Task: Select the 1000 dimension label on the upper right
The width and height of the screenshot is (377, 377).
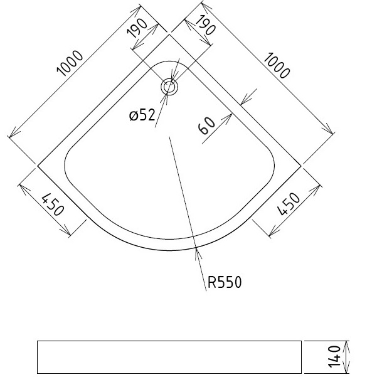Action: pos(277,65)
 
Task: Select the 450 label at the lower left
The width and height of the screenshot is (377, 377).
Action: pos(53,205)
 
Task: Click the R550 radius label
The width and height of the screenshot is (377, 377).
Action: pos(224,282)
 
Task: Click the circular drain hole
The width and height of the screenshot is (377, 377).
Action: pos(169,87)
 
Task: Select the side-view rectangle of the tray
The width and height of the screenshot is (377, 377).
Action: pos(169,357)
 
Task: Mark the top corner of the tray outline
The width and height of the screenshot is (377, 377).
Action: pos(169,35)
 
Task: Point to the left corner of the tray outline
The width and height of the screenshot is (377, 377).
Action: pos(38,166)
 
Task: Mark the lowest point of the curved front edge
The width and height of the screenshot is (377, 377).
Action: pos(169,249)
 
